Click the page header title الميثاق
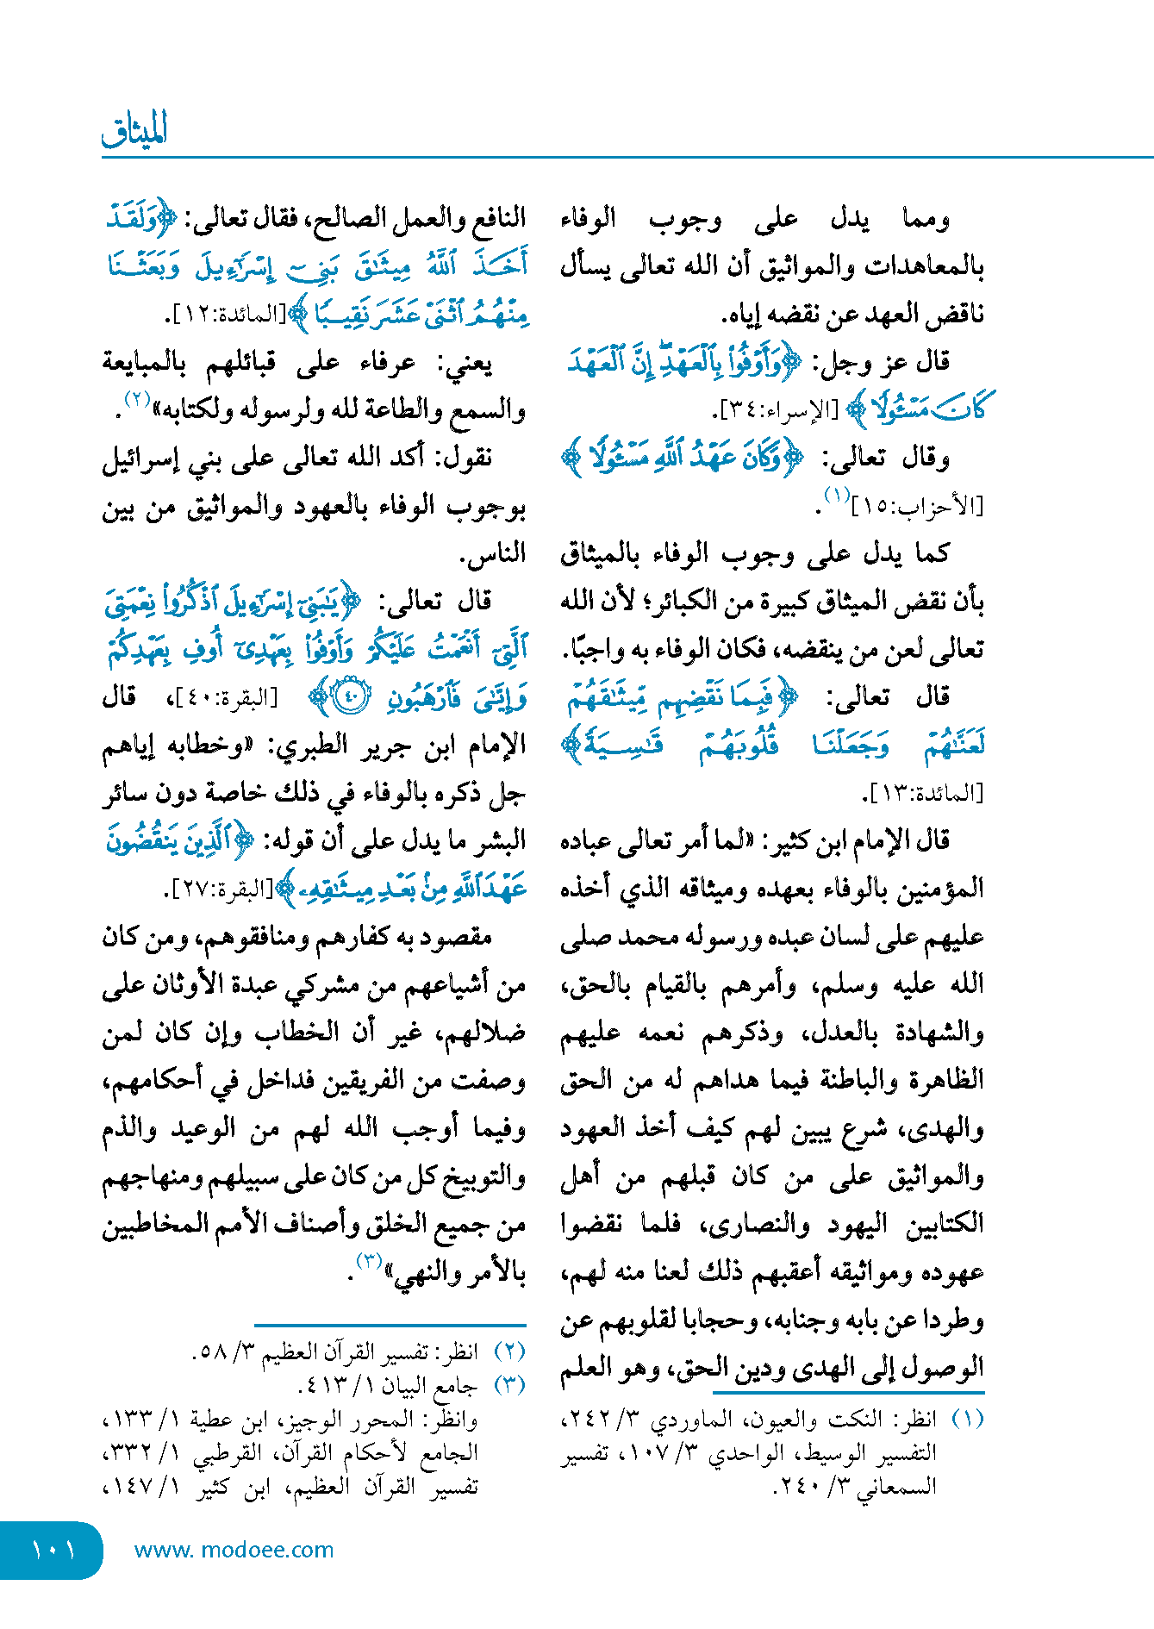(x=134, y=130)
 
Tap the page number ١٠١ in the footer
(x=53, y=1551)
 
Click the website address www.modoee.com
(x=234, y=1550)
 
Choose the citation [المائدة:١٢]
(x=226, y=315)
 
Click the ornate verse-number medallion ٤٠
(x=350, y=696)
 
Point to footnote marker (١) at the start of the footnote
(x=966, y=1419)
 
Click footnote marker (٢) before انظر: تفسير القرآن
(x=509, y=1351)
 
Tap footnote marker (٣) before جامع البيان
(x=509, y=1385)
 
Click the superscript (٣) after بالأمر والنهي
(x=370, y=1262)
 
